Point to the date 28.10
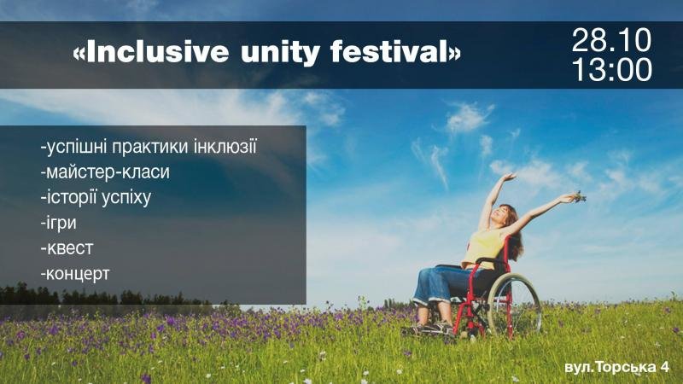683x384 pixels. click(611, 40)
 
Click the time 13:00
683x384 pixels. click(612, 70)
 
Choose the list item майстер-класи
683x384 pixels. click(105, 172)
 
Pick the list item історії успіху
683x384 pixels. click(96, 197)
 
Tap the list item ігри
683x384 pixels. click(58, 223)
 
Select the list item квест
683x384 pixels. click(67, 248)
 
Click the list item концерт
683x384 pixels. click(75, 274)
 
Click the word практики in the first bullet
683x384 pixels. click(146, 147)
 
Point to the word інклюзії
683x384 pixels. click(220, 146)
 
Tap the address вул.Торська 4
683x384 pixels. click(616, 367)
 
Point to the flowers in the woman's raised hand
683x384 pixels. click(580, 197)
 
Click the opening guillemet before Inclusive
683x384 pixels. click(79, 54)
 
